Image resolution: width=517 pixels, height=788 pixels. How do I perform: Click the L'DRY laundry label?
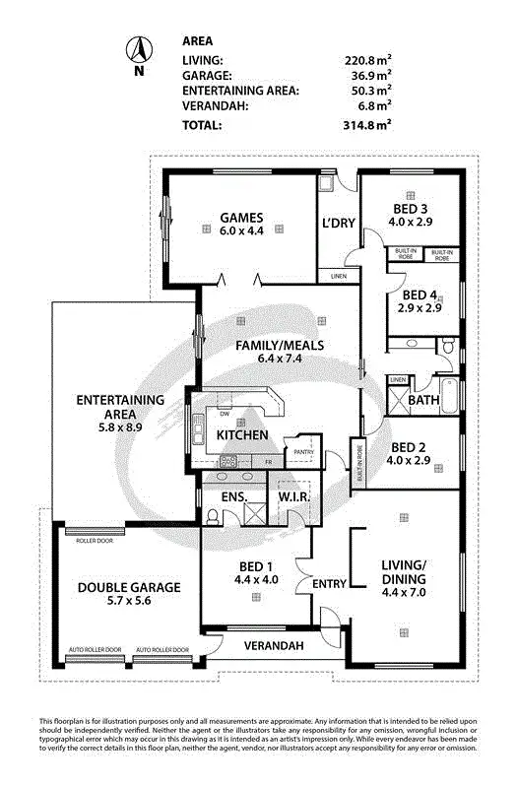coord(338,223)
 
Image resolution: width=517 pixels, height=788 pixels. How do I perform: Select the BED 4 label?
coord(420,295)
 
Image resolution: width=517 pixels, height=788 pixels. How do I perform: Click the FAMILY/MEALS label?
coord(279,346)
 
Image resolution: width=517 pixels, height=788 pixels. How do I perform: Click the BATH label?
coord(424,401)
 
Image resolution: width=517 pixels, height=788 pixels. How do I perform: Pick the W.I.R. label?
coord(294,497)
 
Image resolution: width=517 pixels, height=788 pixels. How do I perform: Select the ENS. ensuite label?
coord(232,497)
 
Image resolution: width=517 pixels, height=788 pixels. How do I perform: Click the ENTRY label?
coord(329,584)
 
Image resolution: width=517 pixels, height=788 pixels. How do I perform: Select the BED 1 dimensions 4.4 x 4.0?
coord(255,580)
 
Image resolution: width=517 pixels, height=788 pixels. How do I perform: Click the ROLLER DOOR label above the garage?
coord(96,540)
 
